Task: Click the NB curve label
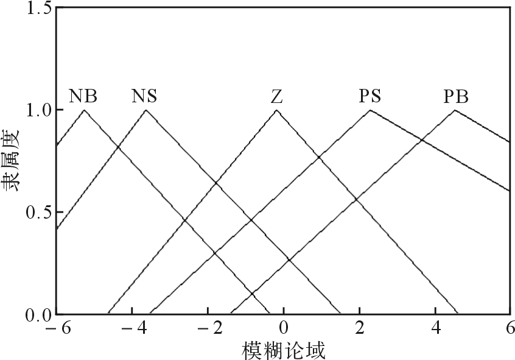[83, 96]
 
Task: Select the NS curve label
[144, 96]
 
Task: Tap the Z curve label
[277, 97]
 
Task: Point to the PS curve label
[370, 96]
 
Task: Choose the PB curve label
[456, 97]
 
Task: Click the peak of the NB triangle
[85, 110]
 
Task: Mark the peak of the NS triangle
[146, 110]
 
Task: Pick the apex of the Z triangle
[276, 110]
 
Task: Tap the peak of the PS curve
[370, 110]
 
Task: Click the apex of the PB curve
[455, 110]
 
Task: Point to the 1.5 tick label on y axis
[39, 8]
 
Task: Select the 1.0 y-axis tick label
[39, 110]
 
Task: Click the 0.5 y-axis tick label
[39, 213]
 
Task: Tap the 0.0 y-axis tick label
[39, 315]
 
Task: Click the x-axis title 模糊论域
[284, 350]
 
